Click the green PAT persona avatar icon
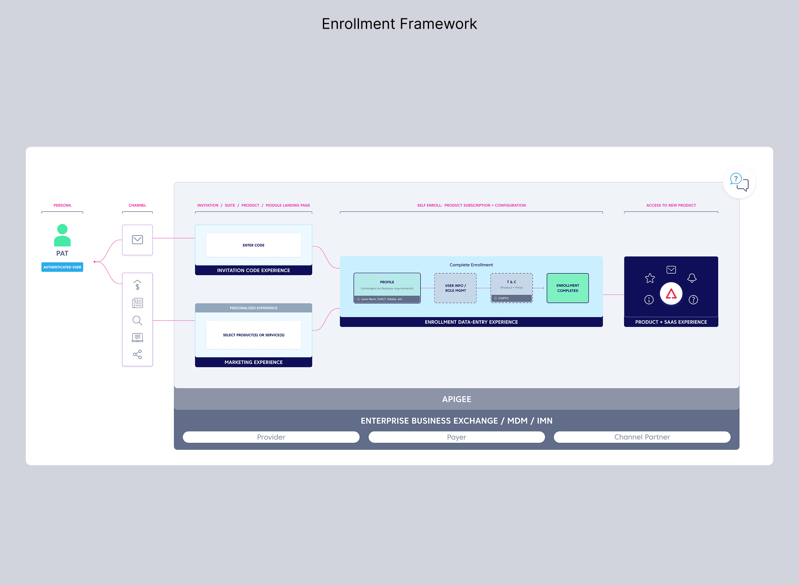[x=62, y=235]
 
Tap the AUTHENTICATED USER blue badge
[x=62, y=267]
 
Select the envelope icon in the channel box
[x=137, y=240]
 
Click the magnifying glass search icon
[x=137, y=320]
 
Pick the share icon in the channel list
[x=137, y=354]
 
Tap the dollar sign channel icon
[x=137, y=285]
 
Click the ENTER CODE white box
[x=253, y=245]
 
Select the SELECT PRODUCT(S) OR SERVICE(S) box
[x=253, y=335]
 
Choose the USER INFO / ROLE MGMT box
[x=455, y=288]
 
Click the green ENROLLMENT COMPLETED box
[x=567, y=288]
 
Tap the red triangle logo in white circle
[x=671, y=294]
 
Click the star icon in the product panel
[x=650, y=279]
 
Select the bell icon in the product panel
[x=692, y=278]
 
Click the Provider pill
[x=271, y=437]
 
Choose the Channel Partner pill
[x=642, y=437]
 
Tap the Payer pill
[x=456, y=437]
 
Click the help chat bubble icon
[x=739, y=182]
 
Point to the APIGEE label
[x=456, y=399]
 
